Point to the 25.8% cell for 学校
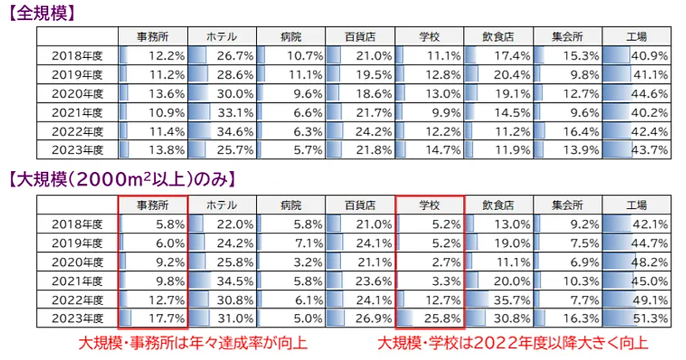(430, 318)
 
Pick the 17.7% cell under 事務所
(153, 318)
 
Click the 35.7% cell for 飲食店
(498, 299)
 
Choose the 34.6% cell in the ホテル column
(222, 132)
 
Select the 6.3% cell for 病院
(292, 132)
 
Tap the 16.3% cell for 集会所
(568, 318)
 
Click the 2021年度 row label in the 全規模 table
(77, 113)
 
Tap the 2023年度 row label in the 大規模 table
(77, 318)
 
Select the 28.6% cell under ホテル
(222, 75)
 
